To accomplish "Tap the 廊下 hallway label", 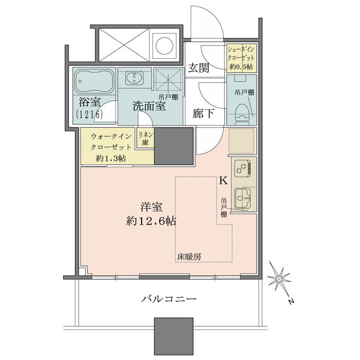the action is pyautogui.click(x=203, y=113).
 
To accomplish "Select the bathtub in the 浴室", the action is pyautogui.click(x=94, y=81).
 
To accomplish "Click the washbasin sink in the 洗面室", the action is pyautogui.click(x=134, y=78).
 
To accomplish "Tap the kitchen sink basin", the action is pyautogui.click(x=242, y=197).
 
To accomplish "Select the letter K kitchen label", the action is pyautogui.click(x=223, y=181).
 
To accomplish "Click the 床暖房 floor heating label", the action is pyautogui.click(x=189, y=256).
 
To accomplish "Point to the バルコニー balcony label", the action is pyautogui.click(x=169, y=299).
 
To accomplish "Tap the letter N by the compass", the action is pyautogui.click(x=292, y=301).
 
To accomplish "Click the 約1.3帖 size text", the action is pyautogui.click(x=110, y=158).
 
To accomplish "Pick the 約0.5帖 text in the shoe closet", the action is pyautogui.click(x=241, y=67).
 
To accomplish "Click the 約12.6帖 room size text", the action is pyautogui.click(x=151, y=221).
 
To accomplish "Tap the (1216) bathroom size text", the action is pyautogui.click(x=89, y=115).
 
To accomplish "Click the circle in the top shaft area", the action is pyautogui.click(x=164, y=45).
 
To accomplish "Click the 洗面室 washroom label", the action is pyautogui.click(x=149, y=106).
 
